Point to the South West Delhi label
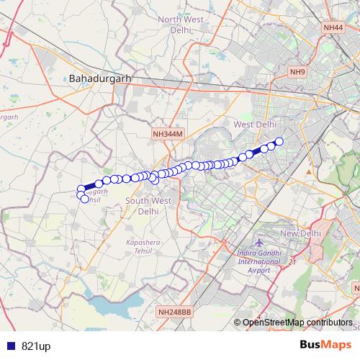click(148, 206)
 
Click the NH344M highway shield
click(168, 134)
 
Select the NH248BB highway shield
click(174, 312)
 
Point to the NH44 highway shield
click(333, 27)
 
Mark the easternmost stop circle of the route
click(279, 142)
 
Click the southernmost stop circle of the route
click(84, 199)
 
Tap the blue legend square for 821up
click(9, 346)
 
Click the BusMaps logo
click(326, 345)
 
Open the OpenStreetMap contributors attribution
click(298, 322)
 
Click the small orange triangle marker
click(309, 172)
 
